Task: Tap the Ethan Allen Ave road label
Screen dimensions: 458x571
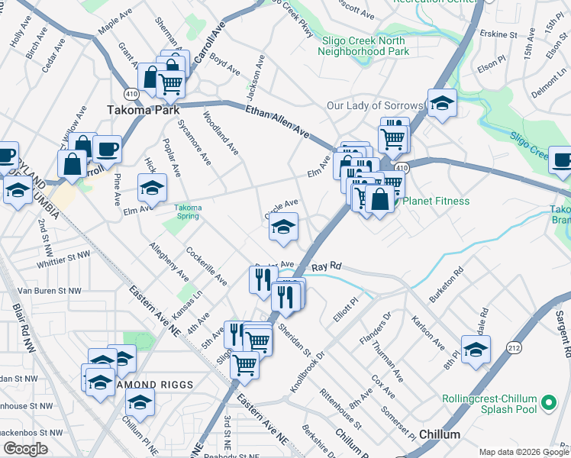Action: click(277, 122)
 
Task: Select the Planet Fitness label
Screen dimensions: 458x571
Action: click(437, 201)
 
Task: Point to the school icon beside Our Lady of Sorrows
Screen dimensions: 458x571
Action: click(441, 102)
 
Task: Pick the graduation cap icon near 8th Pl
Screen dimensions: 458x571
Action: click(476, 349)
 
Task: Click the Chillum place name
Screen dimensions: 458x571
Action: click(440, 434)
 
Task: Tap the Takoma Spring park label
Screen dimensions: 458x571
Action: click(188, 211)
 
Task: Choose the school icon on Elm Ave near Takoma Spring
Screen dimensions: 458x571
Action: click(152, 188)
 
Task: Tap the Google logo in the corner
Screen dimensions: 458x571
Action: click(25, 449)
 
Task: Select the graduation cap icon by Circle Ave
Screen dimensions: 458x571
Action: click(283, 227)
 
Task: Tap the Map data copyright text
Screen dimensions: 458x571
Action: click(524, 452)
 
